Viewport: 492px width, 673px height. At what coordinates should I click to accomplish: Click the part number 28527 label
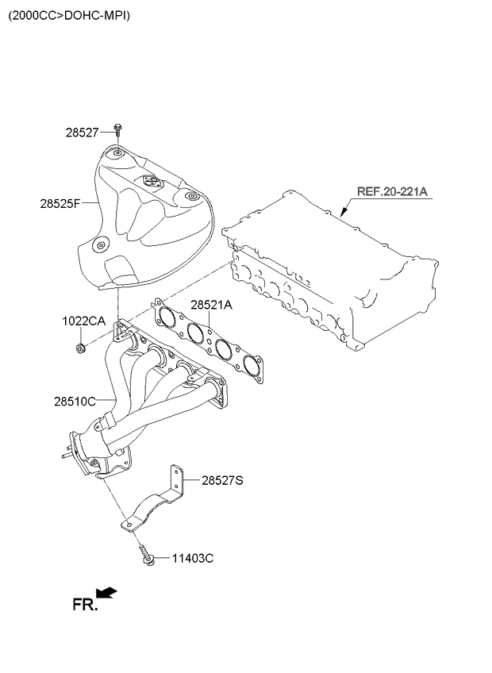83,133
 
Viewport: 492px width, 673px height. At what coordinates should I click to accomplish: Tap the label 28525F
60,203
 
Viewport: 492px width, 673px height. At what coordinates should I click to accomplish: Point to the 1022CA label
83,321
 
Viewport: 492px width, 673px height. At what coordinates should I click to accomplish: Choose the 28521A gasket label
211,305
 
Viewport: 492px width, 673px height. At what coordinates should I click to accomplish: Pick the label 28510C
75,402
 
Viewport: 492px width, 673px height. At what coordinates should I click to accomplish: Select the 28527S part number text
223,480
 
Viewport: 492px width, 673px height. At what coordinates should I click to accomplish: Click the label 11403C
193,559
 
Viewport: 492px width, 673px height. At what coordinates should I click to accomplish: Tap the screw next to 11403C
144,554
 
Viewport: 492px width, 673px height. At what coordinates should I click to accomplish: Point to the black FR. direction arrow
106,592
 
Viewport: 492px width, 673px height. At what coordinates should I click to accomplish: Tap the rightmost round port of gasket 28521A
252,365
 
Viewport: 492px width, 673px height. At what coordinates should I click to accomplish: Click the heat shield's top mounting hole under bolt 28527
117,153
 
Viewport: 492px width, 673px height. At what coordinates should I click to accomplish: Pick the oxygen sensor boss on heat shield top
150,183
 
